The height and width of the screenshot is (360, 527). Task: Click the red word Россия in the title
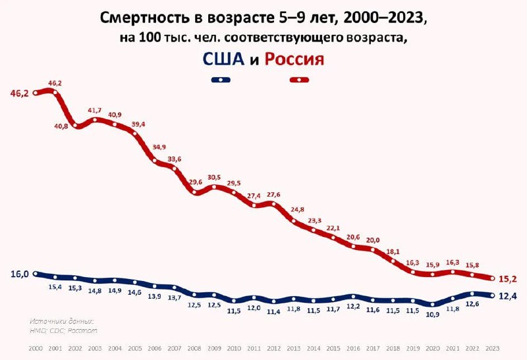click(294, 59)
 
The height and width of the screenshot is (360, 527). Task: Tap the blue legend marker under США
click(221, 80)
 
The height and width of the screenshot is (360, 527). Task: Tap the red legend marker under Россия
click(300, 80)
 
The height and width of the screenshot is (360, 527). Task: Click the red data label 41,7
click(95, 110)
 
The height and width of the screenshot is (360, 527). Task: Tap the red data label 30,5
click(214, 177)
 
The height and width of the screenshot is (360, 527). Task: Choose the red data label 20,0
click(373, 240)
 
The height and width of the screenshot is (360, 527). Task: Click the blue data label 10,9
click(432, 315)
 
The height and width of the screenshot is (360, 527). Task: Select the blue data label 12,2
click(353, 306)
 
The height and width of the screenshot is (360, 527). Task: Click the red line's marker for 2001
click(55, 92)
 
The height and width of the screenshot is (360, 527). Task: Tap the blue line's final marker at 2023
click(491, 296)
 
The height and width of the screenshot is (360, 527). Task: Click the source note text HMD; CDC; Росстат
click(63, 330)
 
